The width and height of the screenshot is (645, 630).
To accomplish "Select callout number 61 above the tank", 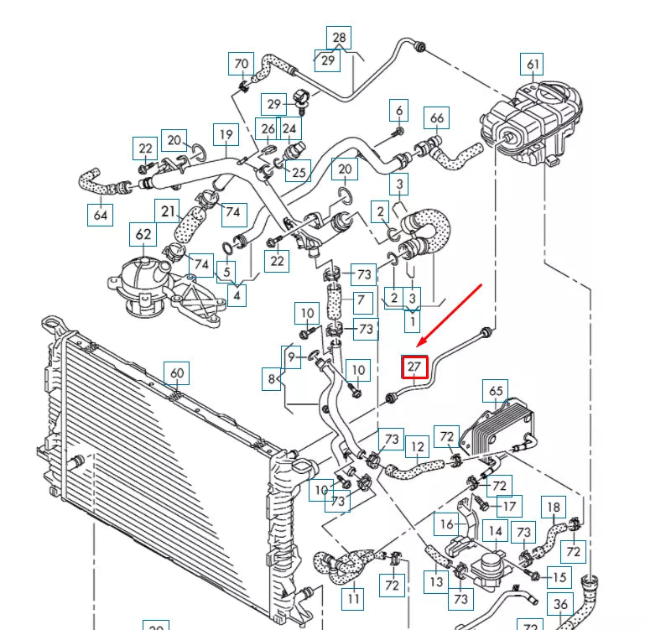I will point(533,64).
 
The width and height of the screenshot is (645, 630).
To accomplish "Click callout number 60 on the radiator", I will point(176,372).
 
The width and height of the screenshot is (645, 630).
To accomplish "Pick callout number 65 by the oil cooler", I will point(496,391).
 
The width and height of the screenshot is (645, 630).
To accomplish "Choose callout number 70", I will point(242,64).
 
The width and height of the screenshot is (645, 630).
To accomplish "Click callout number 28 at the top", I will point(339,38).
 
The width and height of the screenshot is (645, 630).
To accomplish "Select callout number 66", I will point(437,117).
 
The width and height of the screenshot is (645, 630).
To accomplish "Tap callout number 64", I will point(100,215).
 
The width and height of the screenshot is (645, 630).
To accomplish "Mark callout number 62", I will point(144,234).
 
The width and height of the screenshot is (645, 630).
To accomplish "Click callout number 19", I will point(225,135).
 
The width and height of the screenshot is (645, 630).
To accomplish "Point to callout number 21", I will point(169,211).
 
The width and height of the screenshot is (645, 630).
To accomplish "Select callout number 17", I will point(508,506).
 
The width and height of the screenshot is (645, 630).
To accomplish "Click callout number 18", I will point(554,507).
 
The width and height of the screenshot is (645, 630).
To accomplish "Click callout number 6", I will point(399,111).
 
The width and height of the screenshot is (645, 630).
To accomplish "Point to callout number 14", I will point(496,531).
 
